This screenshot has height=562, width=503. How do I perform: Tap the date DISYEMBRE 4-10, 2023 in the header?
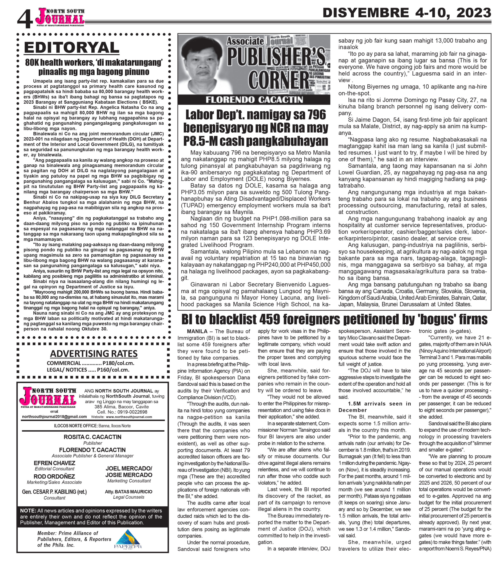point(407,13)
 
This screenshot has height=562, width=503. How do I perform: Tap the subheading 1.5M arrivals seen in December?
point(375,407)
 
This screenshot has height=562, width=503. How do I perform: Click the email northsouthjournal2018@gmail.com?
point(54,417)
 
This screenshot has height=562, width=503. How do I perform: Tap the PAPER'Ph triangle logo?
point(128,539)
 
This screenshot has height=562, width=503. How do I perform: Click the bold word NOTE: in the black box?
point(28,511)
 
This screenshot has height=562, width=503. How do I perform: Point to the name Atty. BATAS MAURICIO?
point(128,492)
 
